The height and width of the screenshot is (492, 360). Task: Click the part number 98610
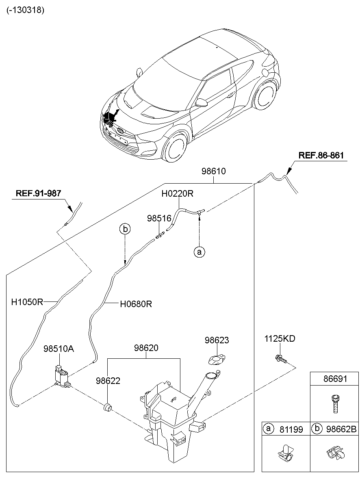click(x=213, y=171)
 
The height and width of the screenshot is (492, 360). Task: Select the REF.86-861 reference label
click(x=321, y=156)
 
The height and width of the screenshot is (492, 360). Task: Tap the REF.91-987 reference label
click(x=38, y=193)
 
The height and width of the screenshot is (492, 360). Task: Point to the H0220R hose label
click(x=177, y=194)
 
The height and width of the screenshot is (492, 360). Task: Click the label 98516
click(x=159, y=219)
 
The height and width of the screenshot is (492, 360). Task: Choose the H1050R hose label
click(x=27, y=302)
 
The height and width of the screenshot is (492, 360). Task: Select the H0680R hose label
click(x=136, y=304)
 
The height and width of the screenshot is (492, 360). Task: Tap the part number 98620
click(x=146, y=348)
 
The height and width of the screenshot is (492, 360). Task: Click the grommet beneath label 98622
click(x=108, y=407)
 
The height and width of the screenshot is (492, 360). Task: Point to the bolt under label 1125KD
click(x=280, y=359)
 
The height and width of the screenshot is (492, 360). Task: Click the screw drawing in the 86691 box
click(x=335, y=403)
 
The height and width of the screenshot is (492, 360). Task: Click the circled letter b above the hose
click(x=125, y=229)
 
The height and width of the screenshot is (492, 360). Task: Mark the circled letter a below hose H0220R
click(x=199, y=252)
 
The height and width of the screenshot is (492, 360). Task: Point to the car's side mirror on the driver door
click(x=201, y=102)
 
